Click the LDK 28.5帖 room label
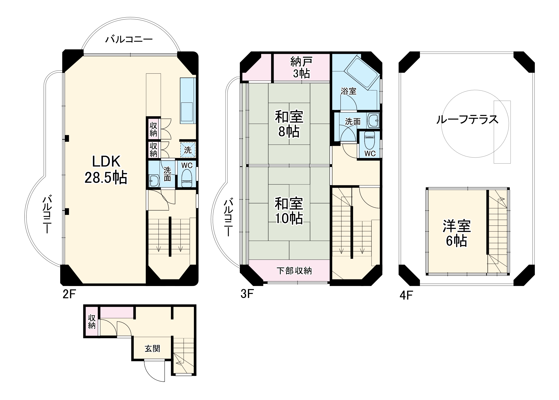106,170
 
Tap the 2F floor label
69,294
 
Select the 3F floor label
247,294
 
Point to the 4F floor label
406,295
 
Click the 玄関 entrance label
152,349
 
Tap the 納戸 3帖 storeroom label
301,68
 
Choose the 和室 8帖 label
289,124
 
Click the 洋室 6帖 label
457,233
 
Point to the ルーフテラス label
467,119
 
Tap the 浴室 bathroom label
349,91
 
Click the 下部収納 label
294,270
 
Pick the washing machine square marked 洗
188,150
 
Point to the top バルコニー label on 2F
129,40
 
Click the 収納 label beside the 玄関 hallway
92,322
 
